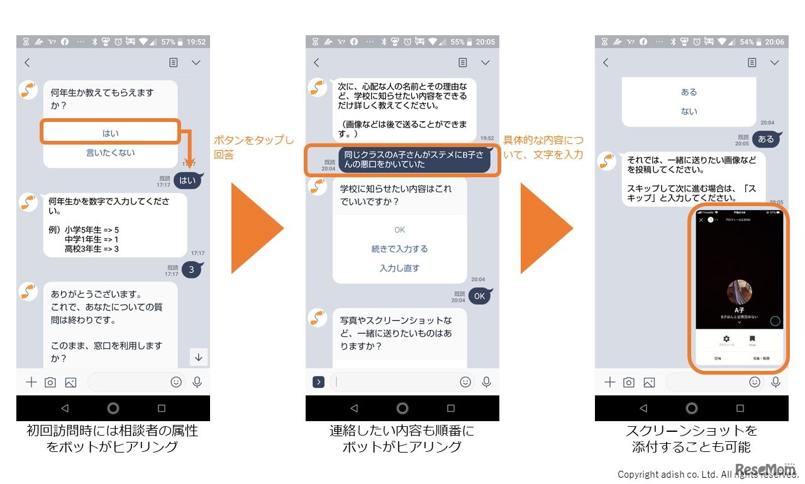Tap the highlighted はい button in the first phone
pos(111,133)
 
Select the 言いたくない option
pos(111,153)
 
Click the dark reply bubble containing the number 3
pos(191,270)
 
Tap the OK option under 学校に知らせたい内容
pos(400,230)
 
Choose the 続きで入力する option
pos(400,249)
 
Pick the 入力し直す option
pos(400,268)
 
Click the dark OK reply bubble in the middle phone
pos(480,296)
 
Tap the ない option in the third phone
pos(689,111)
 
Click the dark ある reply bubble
pos(765,139)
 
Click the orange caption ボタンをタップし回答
pos(253,147)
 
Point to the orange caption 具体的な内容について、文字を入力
pos(543,147)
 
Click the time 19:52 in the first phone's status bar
pos(196,42)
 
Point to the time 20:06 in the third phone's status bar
pos(774,42)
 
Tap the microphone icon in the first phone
pos(197,382)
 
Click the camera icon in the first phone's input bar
pos(50,382)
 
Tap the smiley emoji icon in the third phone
pos(755,382)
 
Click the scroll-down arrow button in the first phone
pos(199,357)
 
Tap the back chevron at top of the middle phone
pos(316,62)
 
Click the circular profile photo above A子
pos(740,293)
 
